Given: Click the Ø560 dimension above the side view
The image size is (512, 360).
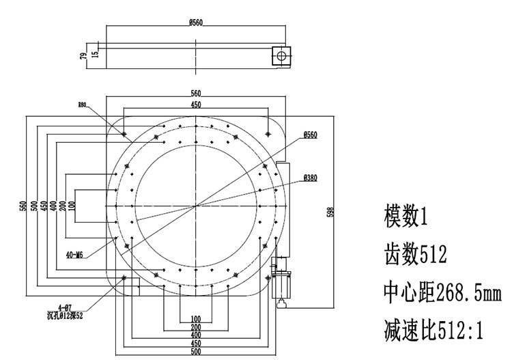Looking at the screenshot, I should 196,23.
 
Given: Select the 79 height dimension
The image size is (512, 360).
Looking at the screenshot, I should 84,56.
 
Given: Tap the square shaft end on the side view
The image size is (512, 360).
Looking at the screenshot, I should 280,55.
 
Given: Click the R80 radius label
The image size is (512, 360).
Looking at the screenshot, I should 83,105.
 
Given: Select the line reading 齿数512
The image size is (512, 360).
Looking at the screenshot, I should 416,256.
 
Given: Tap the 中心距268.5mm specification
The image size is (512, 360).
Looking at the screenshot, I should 443,294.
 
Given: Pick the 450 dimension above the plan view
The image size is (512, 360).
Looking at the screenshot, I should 196,105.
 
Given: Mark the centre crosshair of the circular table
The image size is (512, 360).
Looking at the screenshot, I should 196,205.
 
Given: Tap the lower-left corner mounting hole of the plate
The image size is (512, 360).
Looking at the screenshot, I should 123,277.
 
